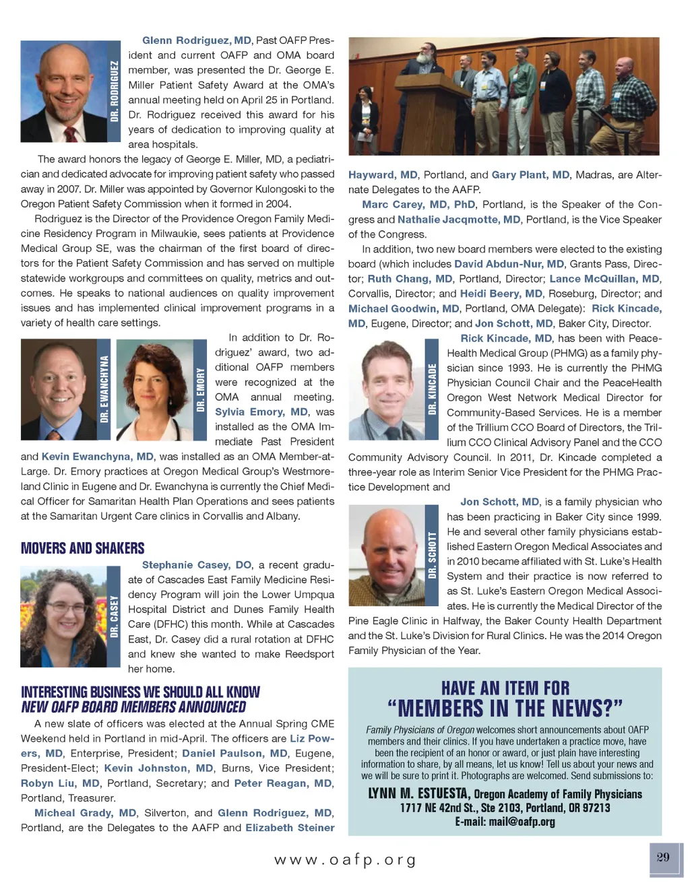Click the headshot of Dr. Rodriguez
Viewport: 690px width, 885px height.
tap(64, 91)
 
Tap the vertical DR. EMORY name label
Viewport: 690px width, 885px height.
tap(200, 389)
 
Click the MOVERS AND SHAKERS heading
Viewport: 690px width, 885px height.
tap(83, 548)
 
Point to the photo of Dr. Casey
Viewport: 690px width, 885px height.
tap(63, 616)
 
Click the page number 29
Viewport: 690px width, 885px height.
tap(663, 857)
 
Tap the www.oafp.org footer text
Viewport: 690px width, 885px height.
tap(345, 860)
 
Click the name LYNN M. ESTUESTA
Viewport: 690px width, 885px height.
tap(418, 793)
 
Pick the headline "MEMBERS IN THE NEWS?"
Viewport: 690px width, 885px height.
tap(505, 709)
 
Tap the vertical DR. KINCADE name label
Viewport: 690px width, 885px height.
tap(433, 389)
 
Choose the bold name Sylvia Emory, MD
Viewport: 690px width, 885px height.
tap(261, 412)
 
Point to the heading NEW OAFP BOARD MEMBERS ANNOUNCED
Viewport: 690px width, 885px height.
tap(133, 707)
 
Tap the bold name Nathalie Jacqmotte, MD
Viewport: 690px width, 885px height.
tap(459, 219)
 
